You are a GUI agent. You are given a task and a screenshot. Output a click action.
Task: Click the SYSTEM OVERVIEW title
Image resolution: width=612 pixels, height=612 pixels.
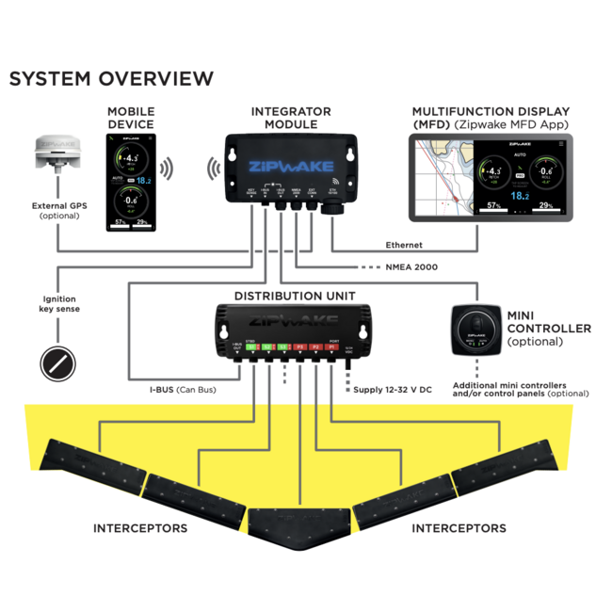111,79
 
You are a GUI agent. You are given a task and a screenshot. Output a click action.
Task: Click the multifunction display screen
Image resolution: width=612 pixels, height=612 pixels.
491,177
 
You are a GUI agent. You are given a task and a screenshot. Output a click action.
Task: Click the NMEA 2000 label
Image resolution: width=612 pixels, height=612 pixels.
411,267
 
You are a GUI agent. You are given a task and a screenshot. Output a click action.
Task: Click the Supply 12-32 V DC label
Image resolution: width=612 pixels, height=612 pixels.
393,389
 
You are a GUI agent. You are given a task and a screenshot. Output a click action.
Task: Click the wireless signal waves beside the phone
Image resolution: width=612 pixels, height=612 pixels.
166,169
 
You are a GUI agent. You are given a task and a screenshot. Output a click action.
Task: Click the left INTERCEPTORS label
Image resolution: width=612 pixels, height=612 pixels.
139,528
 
